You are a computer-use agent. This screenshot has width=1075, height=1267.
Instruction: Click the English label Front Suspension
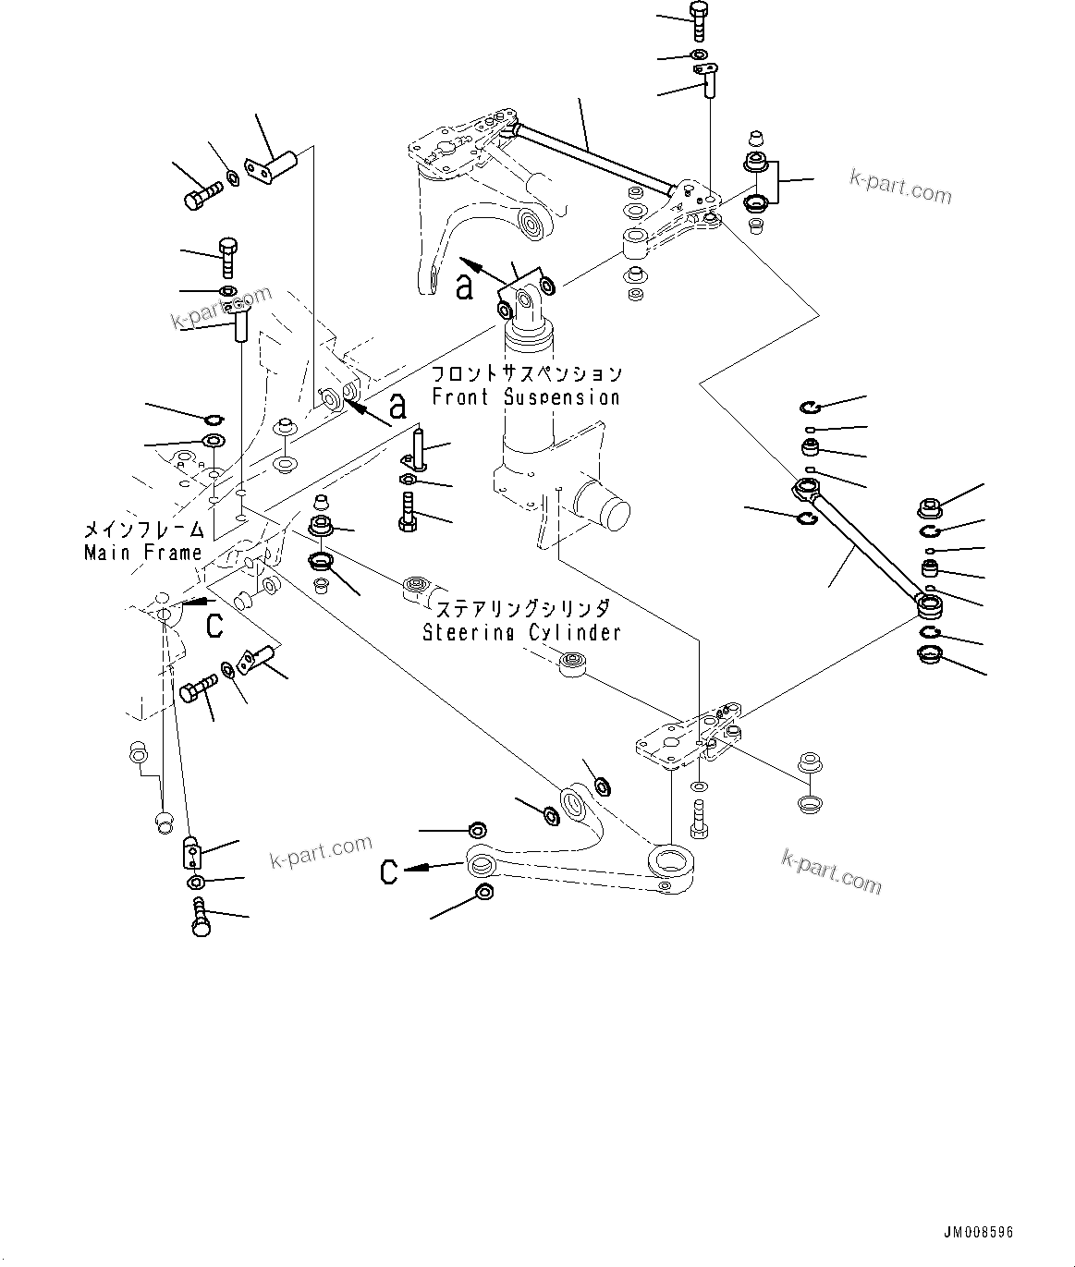526,397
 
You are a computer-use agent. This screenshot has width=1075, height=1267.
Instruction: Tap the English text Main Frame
142,553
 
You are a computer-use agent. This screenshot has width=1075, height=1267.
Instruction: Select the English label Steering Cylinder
521,633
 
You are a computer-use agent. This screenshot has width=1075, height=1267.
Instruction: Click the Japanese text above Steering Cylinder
522,610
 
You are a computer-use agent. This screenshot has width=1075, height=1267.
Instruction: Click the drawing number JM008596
978,1233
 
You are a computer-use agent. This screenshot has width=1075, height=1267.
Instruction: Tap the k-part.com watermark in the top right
900,188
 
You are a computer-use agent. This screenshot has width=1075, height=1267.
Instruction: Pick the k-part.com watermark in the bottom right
831,871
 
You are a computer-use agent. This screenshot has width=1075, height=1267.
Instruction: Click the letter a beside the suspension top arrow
464,286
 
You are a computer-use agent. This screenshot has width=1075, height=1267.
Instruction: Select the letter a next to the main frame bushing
397,406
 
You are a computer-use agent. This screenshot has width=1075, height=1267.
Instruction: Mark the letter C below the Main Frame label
214,626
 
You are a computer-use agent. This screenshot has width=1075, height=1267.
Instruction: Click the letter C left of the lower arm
390,871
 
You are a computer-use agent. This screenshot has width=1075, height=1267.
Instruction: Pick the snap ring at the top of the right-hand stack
812,406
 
